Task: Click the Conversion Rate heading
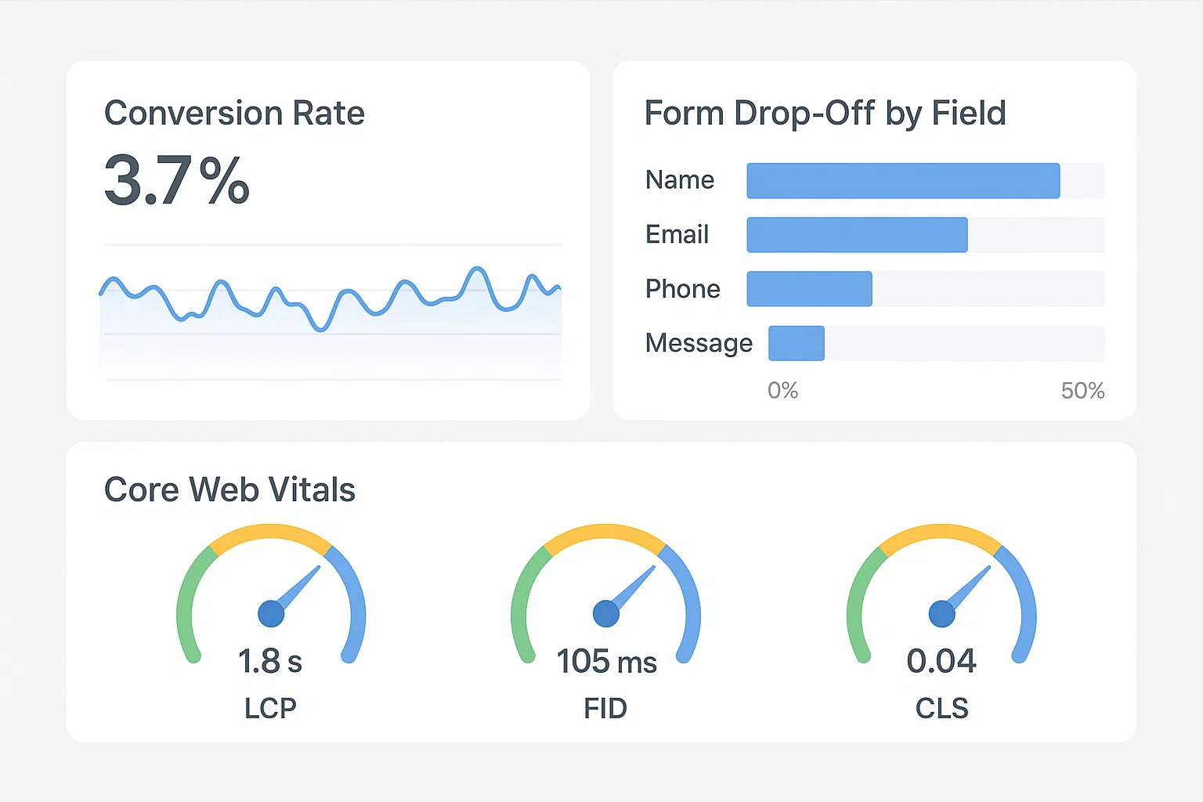234,114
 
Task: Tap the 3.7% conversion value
177,182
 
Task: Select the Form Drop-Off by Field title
825,114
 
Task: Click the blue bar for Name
903,181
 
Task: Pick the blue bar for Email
857,235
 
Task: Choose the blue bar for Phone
809,289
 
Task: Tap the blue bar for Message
797,343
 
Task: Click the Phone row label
682,289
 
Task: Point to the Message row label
699,343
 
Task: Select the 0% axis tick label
782,390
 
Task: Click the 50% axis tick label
1082,390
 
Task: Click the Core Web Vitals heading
229,490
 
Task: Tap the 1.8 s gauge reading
270,662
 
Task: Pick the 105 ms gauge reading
606,662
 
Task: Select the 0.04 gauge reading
941,662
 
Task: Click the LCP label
270,709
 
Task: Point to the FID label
605,709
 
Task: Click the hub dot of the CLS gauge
941,614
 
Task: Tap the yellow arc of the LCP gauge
271,533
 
